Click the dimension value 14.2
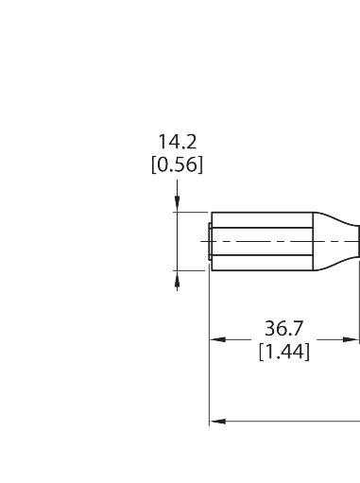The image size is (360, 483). [x=178, y=143]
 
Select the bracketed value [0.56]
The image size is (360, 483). [x=178, y=164]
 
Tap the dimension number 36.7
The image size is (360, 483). [x=283, y=330]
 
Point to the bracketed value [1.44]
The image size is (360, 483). [x=283, y=352]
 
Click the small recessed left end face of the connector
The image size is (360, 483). [x=207, y=241]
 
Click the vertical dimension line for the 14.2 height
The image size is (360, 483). [x=177, y=241]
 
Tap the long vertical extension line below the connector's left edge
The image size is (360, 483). [x=209, y=378]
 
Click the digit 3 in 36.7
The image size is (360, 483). [x=269, y=330]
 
